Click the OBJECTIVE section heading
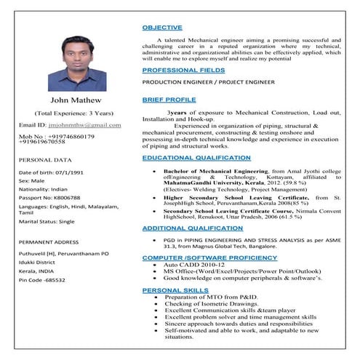[x=162, y=27]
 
